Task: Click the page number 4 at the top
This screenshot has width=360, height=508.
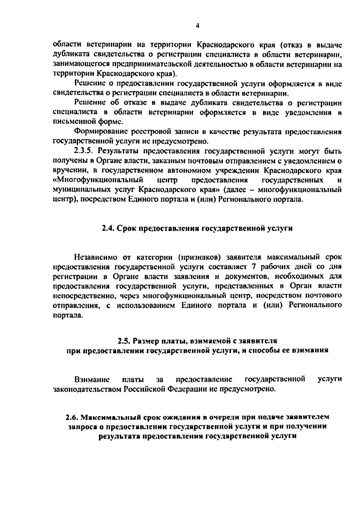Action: coord(197,26)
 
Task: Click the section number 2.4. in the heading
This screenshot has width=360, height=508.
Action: coord(107,228)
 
